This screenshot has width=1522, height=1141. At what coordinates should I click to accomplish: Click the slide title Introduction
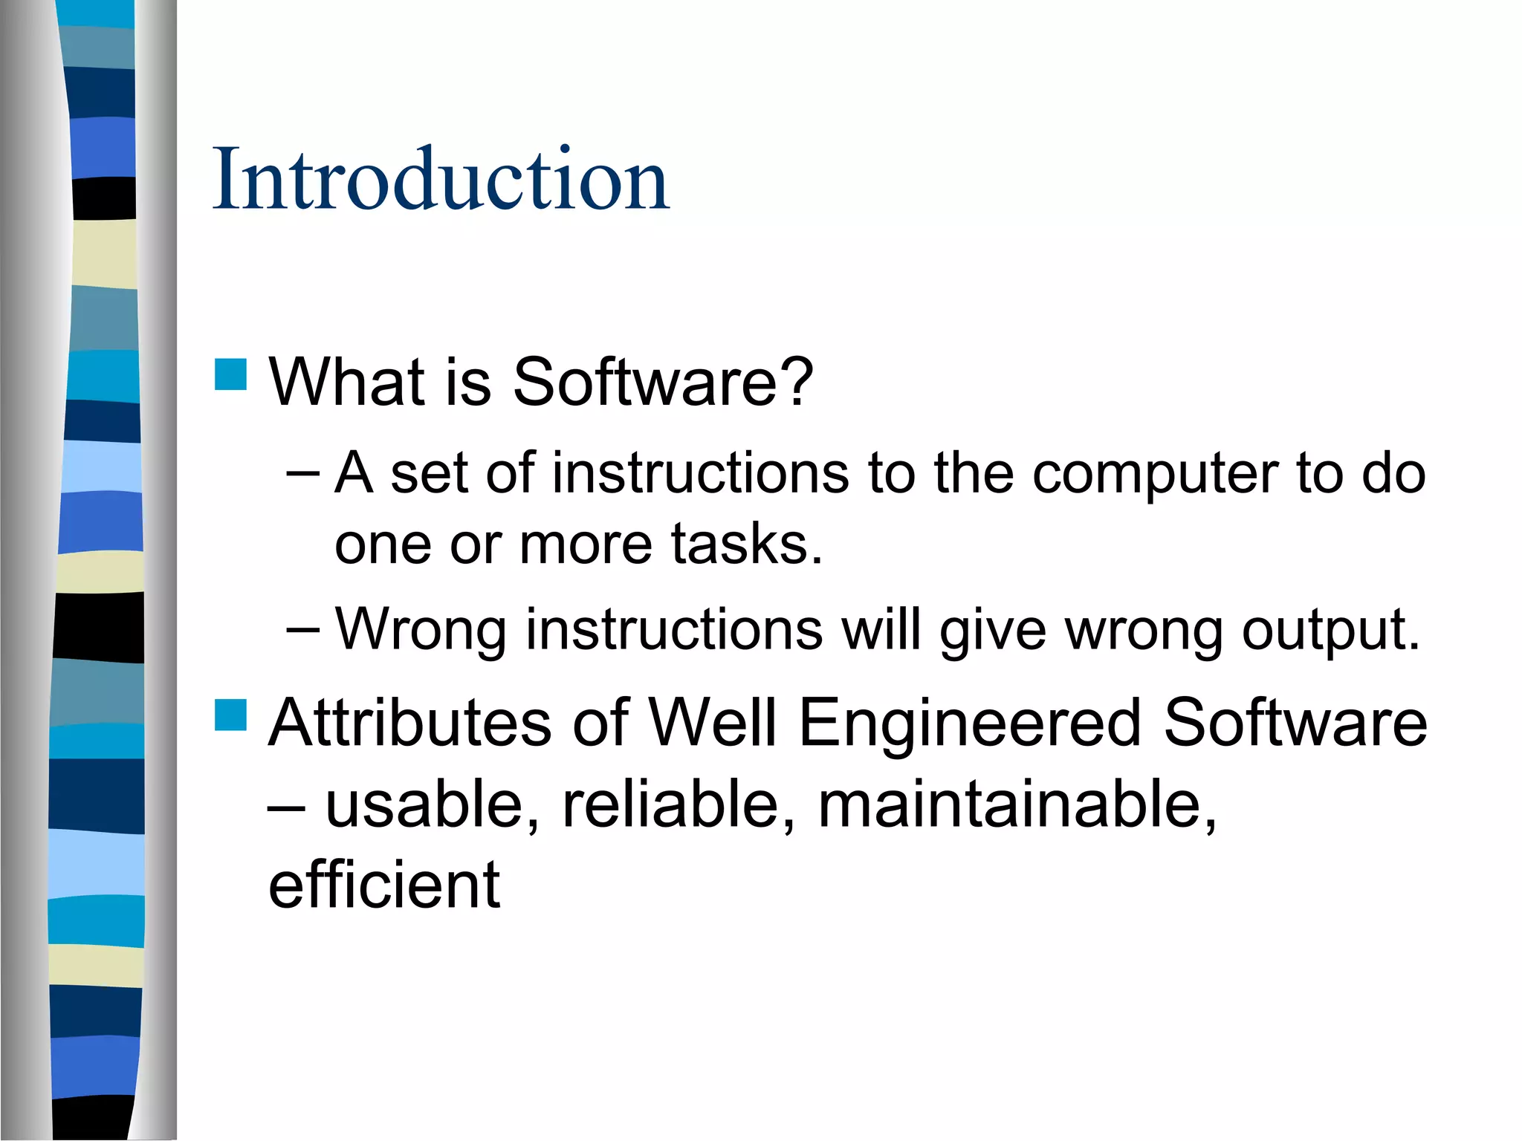click(x=441, y=180)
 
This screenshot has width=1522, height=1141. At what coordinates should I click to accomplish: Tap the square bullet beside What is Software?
click(x=230, y=374)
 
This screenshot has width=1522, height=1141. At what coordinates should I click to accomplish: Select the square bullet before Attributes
click(x=230, y=715)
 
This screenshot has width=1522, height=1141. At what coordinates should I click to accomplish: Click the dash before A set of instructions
click(x=302, y=473)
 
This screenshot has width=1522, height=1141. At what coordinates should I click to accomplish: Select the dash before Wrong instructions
click(x=302, y=630)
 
